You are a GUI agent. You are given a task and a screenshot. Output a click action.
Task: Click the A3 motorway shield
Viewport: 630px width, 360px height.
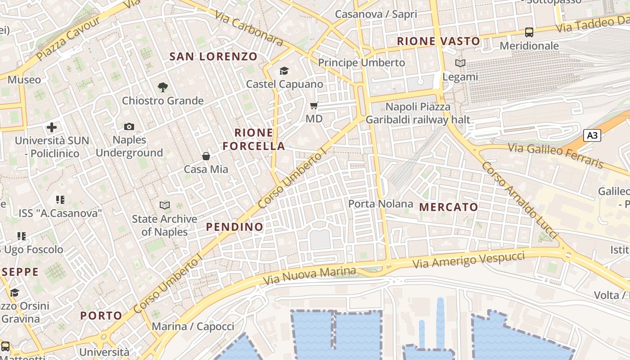coord(592,135)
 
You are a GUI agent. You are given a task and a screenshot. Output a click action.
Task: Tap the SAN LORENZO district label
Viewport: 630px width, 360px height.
coord(213,57)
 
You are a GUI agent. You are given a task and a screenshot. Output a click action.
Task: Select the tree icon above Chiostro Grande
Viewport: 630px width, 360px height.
coord(163,87)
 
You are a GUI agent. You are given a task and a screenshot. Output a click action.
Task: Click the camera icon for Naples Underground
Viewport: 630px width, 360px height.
coord(129,127)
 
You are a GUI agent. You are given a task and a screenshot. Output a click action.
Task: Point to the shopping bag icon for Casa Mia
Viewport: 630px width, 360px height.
coord(206,156)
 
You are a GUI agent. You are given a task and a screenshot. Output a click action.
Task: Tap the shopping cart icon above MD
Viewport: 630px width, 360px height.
coord(314,106)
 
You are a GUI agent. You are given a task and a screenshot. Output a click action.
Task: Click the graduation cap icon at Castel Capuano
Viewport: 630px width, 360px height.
coord(284,71)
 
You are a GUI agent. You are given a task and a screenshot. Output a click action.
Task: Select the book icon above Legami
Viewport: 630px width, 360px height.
coord(460,63)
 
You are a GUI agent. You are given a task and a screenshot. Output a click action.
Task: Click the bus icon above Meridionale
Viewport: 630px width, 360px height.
coord(529,32)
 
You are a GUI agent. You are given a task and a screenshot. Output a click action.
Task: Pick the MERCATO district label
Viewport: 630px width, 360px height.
coord(449,207)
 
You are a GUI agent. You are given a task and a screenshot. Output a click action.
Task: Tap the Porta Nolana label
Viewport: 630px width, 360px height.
coord(381,204)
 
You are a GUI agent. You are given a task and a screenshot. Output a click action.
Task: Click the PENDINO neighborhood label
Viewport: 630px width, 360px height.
coord(235,227)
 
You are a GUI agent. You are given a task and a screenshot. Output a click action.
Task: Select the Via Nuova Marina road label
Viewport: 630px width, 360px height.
coord(310,275)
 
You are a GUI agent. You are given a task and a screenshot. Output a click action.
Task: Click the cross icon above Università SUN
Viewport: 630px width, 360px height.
coord(52,127)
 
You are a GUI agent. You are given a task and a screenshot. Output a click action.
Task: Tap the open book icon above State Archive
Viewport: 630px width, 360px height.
coord(165,206)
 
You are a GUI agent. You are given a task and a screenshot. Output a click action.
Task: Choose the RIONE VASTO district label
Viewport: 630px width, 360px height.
coord(438,41)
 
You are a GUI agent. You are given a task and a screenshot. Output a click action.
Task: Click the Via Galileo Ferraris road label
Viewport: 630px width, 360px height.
coord(555,155)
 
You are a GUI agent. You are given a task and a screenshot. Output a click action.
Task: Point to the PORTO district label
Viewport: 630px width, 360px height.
coord(101,315)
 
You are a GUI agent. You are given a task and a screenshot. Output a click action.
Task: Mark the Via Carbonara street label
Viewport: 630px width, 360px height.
coord(249,28)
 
